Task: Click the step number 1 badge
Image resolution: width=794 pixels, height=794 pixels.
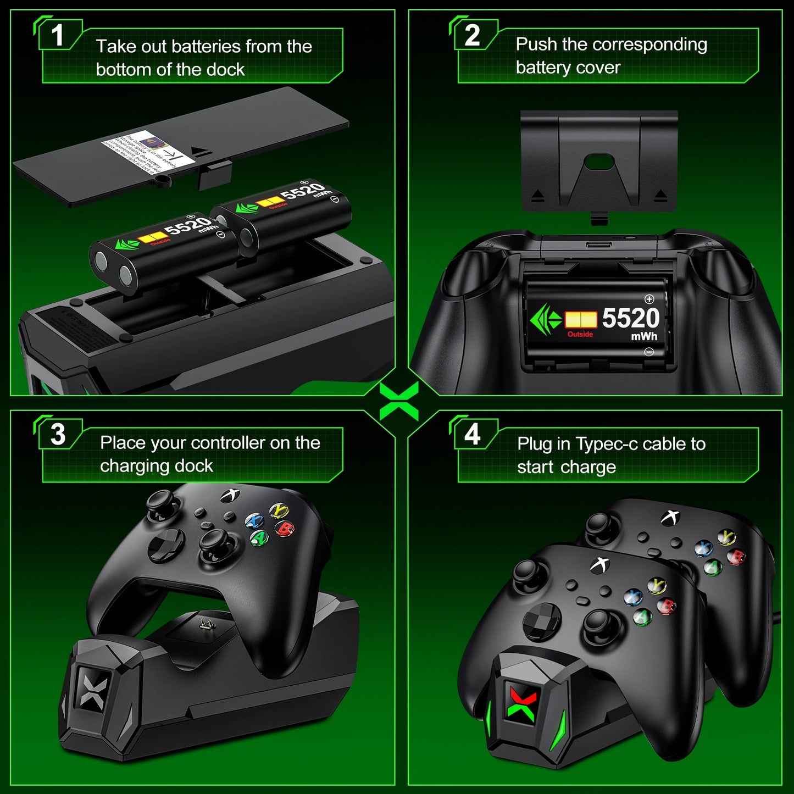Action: [x=58, y=36]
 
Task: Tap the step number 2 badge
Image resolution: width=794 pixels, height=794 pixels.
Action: [x=473, y=36]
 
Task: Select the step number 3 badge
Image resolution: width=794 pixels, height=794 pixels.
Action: [x=58, y=434]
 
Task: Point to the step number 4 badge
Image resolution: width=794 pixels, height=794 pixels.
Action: [x=473, y=434]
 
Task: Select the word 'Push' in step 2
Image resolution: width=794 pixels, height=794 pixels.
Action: [x=536, y=45]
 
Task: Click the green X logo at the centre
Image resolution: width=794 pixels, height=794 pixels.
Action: [x=399, y=401]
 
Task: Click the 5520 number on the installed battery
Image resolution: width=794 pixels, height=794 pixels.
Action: [x=630, y=318]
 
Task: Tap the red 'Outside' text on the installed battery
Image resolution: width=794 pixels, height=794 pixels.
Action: [x=580, y=334]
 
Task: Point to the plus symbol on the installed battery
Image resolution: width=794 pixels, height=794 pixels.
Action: [x=649, y=299]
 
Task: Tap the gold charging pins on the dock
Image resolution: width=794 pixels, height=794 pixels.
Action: [x=206, y=624]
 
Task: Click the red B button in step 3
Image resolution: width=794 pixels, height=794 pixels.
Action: [x=285, y=529]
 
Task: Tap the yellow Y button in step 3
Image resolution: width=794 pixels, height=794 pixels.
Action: [x=280, y=510]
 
